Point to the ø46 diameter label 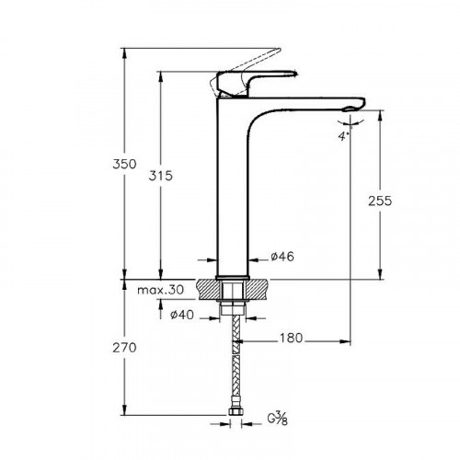(283, 257)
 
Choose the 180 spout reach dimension (293, 339)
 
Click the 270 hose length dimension (125, 348)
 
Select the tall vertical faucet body (233, 184)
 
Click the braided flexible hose (235, 368)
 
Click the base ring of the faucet (233, 274)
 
